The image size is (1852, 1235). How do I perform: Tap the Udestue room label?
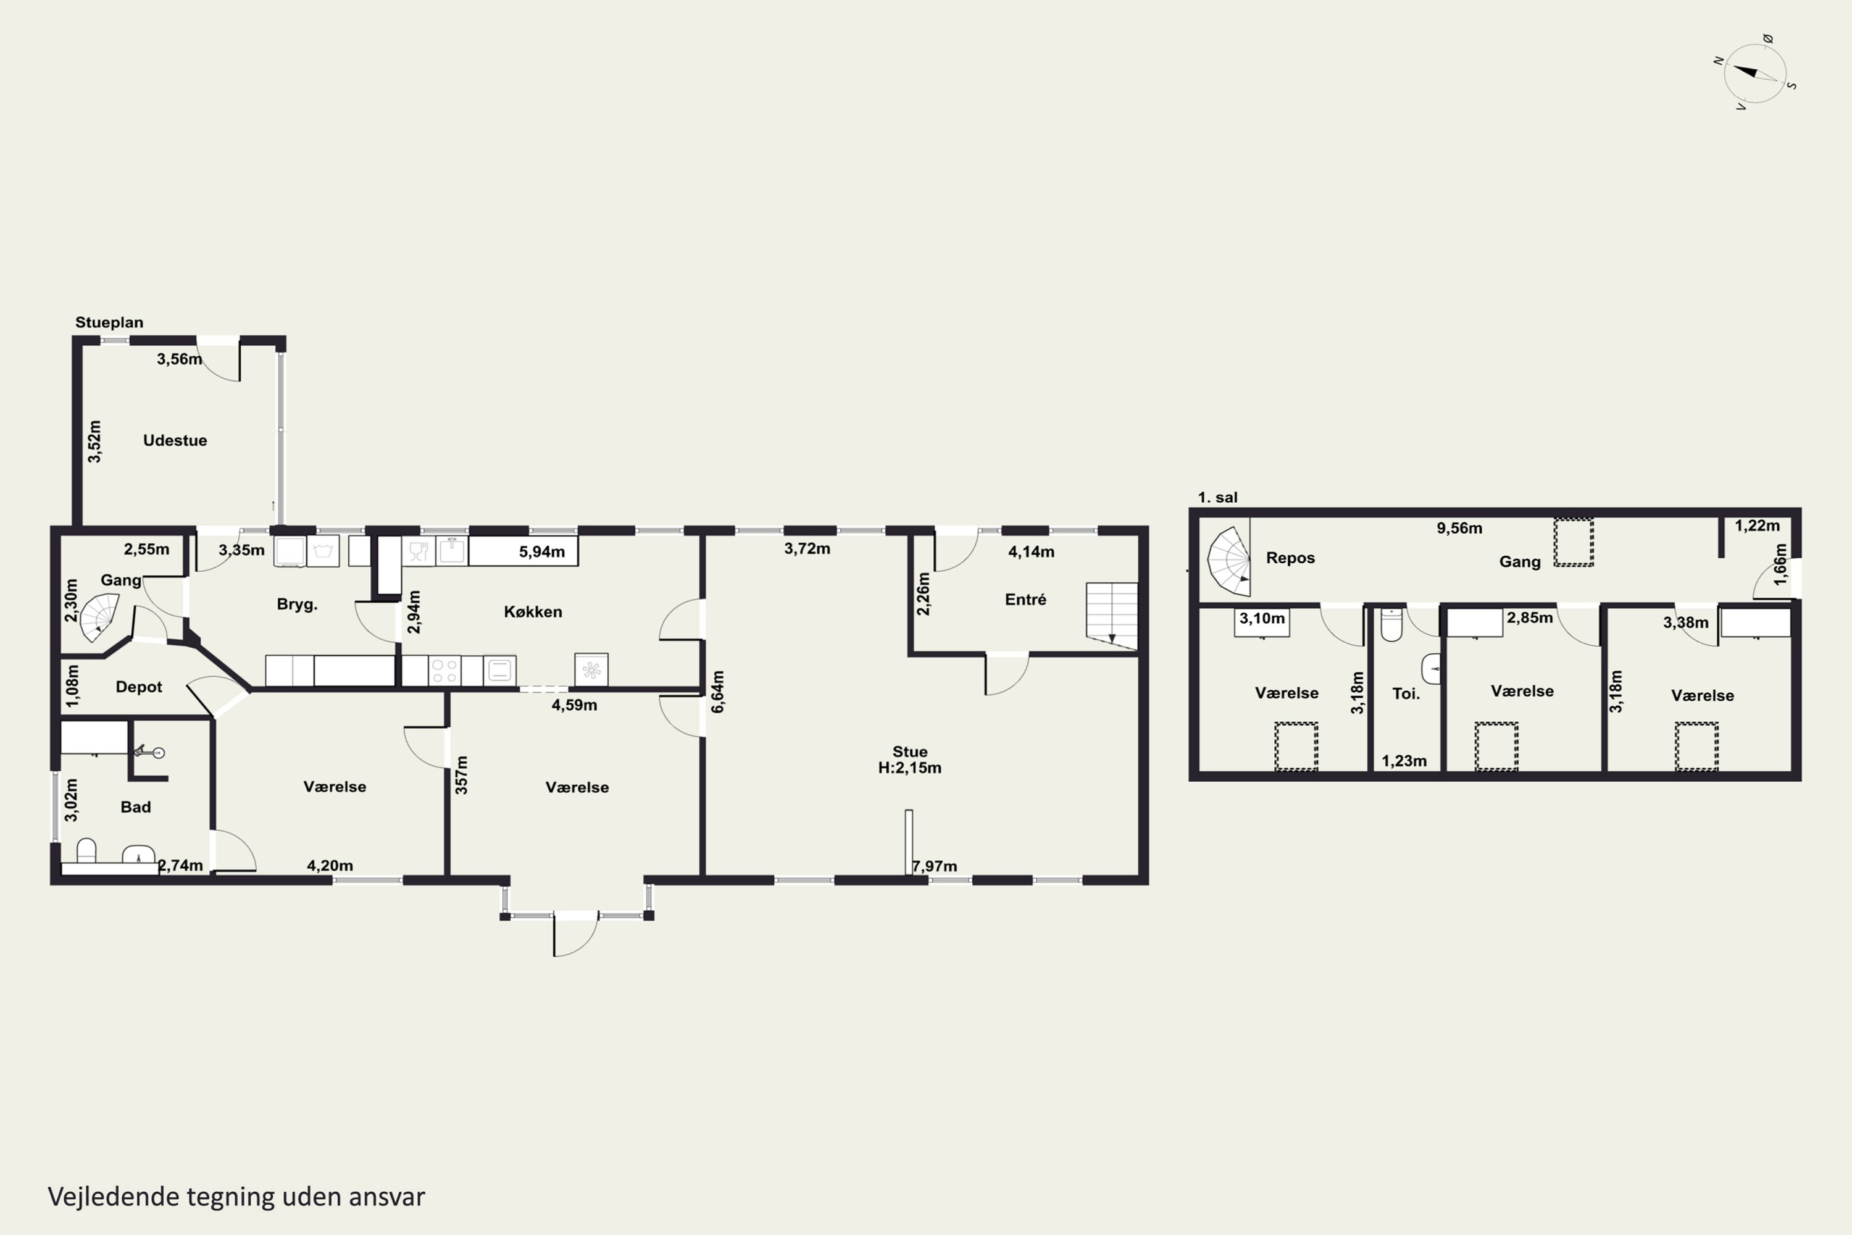click(x=175, y=440)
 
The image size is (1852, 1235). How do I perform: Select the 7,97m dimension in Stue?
click(x=935, y=866)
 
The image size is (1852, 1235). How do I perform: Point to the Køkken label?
click(x=533, y=612)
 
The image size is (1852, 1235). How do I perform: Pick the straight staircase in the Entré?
click(x=1112, y=616)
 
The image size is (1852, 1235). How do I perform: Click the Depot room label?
click(x=138, y=687)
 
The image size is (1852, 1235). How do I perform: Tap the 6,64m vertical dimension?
click(x=717, y=692)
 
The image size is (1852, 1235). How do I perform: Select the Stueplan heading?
click(x=109, y=322)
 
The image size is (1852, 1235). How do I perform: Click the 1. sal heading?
click(x=1217, y=497)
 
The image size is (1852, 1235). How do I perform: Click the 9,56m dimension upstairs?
click(x=1459, y=529)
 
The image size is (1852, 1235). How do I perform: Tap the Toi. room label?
click(x=1406, y=694)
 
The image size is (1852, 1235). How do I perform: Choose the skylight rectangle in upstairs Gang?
click(x=1573, y=542)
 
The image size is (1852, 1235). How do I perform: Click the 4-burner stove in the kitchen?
click(x=445, y=671)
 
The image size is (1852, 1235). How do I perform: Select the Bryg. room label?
click(x=297, y=605)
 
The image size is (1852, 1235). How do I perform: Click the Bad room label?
click(x=135, y=806)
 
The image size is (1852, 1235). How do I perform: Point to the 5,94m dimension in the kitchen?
click(x=542, y=552)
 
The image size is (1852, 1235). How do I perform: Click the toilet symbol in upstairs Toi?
click(x=1391, y=624)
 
